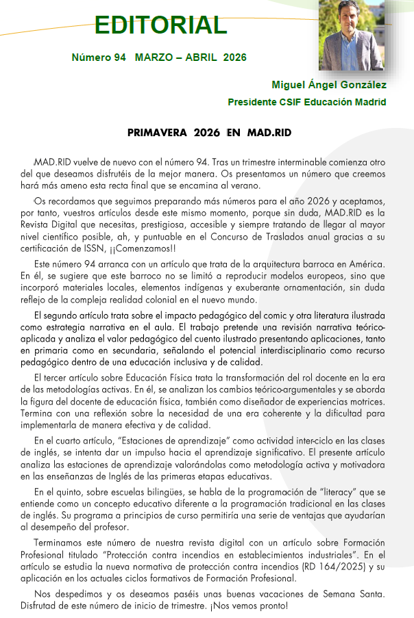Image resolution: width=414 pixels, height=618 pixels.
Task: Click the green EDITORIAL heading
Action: pos(160,25)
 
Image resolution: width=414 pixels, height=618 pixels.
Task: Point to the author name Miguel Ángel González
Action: pos(329,86)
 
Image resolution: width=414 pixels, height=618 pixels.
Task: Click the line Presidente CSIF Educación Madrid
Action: pos(306,102)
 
